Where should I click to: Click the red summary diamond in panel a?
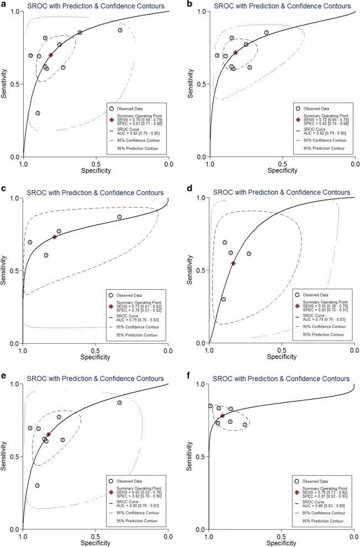(51, 55)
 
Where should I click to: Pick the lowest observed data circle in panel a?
(38, 113)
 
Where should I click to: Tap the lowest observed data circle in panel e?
(38, 486)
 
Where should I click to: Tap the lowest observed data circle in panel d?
(224, 299)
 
